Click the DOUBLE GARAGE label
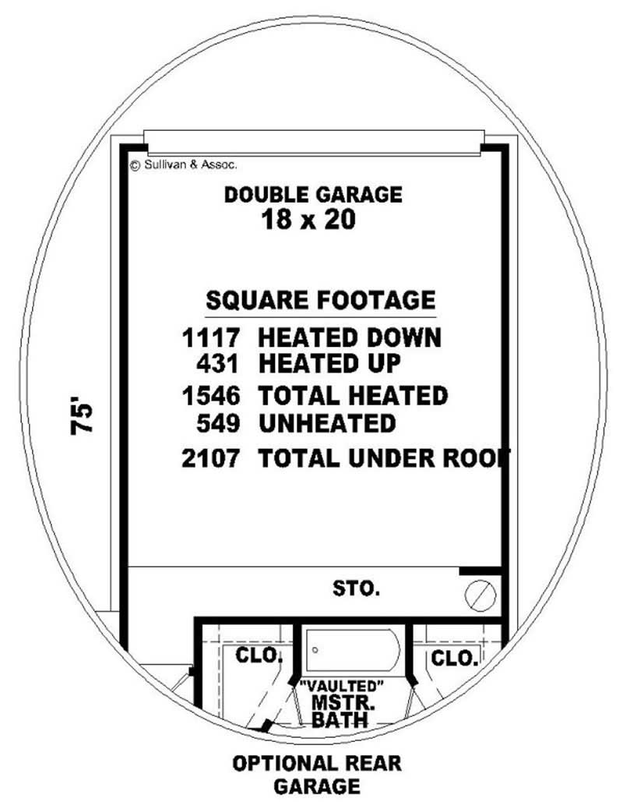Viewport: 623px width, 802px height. tap(313, 194)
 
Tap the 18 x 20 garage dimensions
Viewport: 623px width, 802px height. tap(308, 221)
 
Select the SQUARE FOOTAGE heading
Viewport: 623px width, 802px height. tap(320, 300)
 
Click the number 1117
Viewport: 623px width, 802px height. tap(209, 338)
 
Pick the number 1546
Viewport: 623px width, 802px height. tap(209, 396)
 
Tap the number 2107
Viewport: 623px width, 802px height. tap(209, 458)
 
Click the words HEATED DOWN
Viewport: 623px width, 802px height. tap(349, 338)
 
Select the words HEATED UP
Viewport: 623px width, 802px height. tap(329, 363)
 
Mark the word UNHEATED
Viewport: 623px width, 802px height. tap(327, 424)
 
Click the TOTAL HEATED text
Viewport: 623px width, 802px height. tap(353, 396)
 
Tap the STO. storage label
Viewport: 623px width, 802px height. tap(357, 588)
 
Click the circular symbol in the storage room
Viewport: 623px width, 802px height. tap(480, 596)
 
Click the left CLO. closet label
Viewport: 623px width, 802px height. tap(259, 655)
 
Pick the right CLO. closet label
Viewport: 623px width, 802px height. tap(453, 659)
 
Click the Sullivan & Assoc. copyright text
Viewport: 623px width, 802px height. tap(183, 164)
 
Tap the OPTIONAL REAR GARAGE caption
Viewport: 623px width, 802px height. tap(316, 773)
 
